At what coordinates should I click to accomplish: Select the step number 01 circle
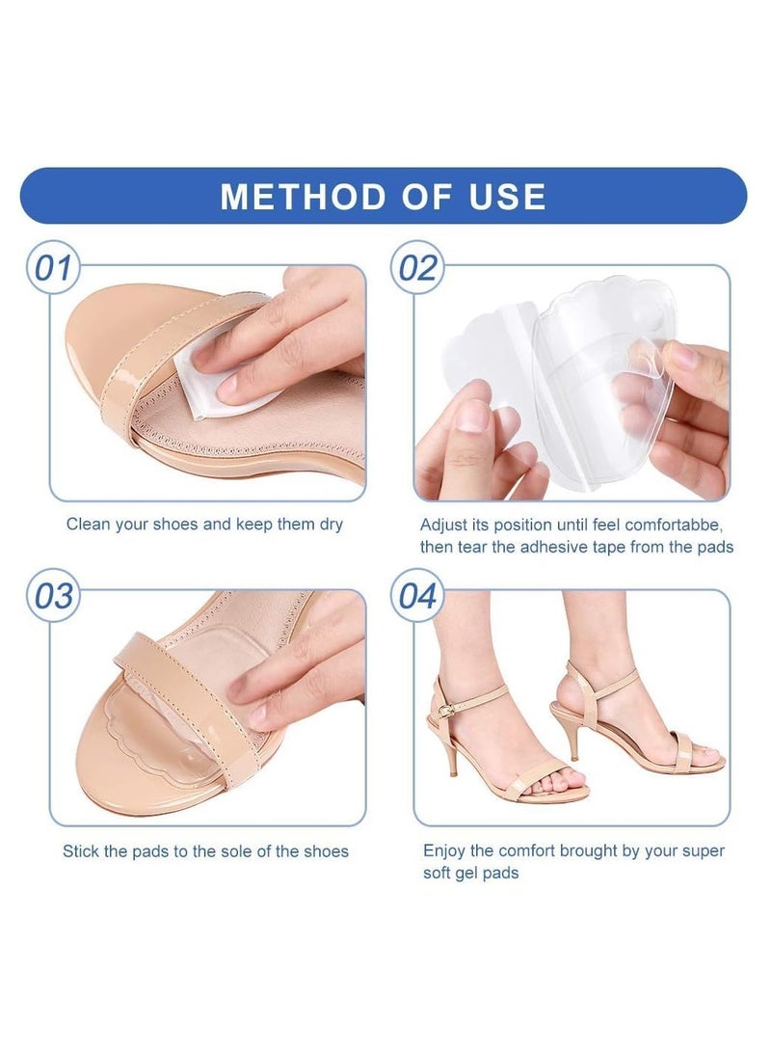54,268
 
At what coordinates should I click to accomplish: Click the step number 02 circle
417,268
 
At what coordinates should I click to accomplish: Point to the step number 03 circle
54,595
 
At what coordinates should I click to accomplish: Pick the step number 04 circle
417,595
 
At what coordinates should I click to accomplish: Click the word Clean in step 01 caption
88,526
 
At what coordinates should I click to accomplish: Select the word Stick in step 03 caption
82,851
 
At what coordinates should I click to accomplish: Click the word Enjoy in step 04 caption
444,850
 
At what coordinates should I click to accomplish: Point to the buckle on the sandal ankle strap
446,705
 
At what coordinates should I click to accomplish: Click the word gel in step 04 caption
472,873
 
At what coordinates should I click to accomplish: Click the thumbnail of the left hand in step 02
473,416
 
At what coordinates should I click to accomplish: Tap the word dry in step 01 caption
330,526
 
